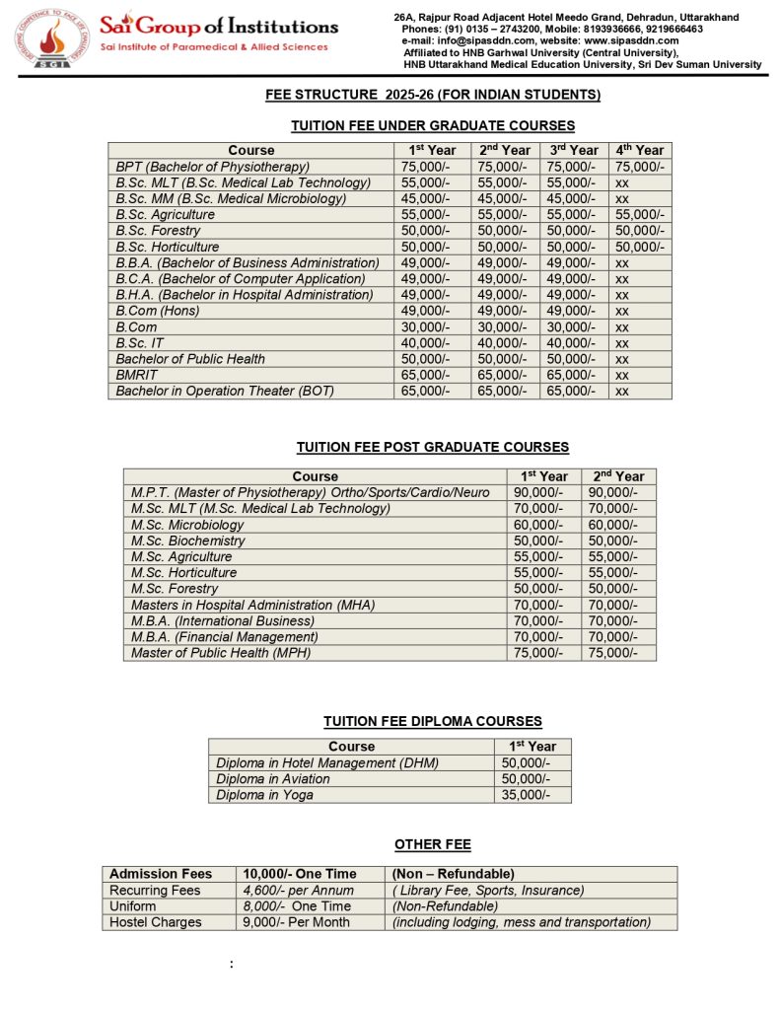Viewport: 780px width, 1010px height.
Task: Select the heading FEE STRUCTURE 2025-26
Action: (433, 95)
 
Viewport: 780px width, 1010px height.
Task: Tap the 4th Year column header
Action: (639, 150)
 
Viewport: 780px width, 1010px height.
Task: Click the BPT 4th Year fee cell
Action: (639, 167)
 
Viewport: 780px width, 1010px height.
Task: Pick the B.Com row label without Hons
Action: (136, 326)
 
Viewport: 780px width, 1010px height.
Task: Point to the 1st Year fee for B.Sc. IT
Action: (425, 342)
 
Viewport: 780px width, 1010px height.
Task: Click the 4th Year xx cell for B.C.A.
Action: (622, 279)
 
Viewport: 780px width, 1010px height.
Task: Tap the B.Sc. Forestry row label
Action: (158, 231)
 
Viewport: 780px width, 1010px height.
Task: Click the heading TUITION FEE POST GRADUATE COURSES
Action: (432, 448)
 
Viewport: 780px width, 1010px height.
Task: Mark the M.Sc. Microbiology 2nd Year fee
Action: (613, 525)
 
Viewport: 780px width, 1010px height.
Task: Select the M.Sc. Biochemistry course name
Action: (187, 541)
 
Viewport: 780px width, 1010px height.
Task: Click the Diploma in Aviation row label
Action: (273, 779)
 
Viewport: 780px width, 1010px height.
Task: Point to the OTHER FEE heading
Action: (432, 844)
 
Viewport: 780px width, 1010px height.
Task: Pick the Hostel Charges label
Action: (156, 922)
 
